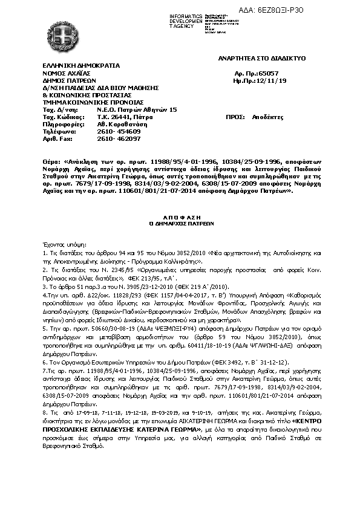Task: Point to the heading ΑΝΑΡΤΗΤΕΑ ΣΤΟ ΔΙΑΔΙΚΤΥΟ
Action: pos(262,58)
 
